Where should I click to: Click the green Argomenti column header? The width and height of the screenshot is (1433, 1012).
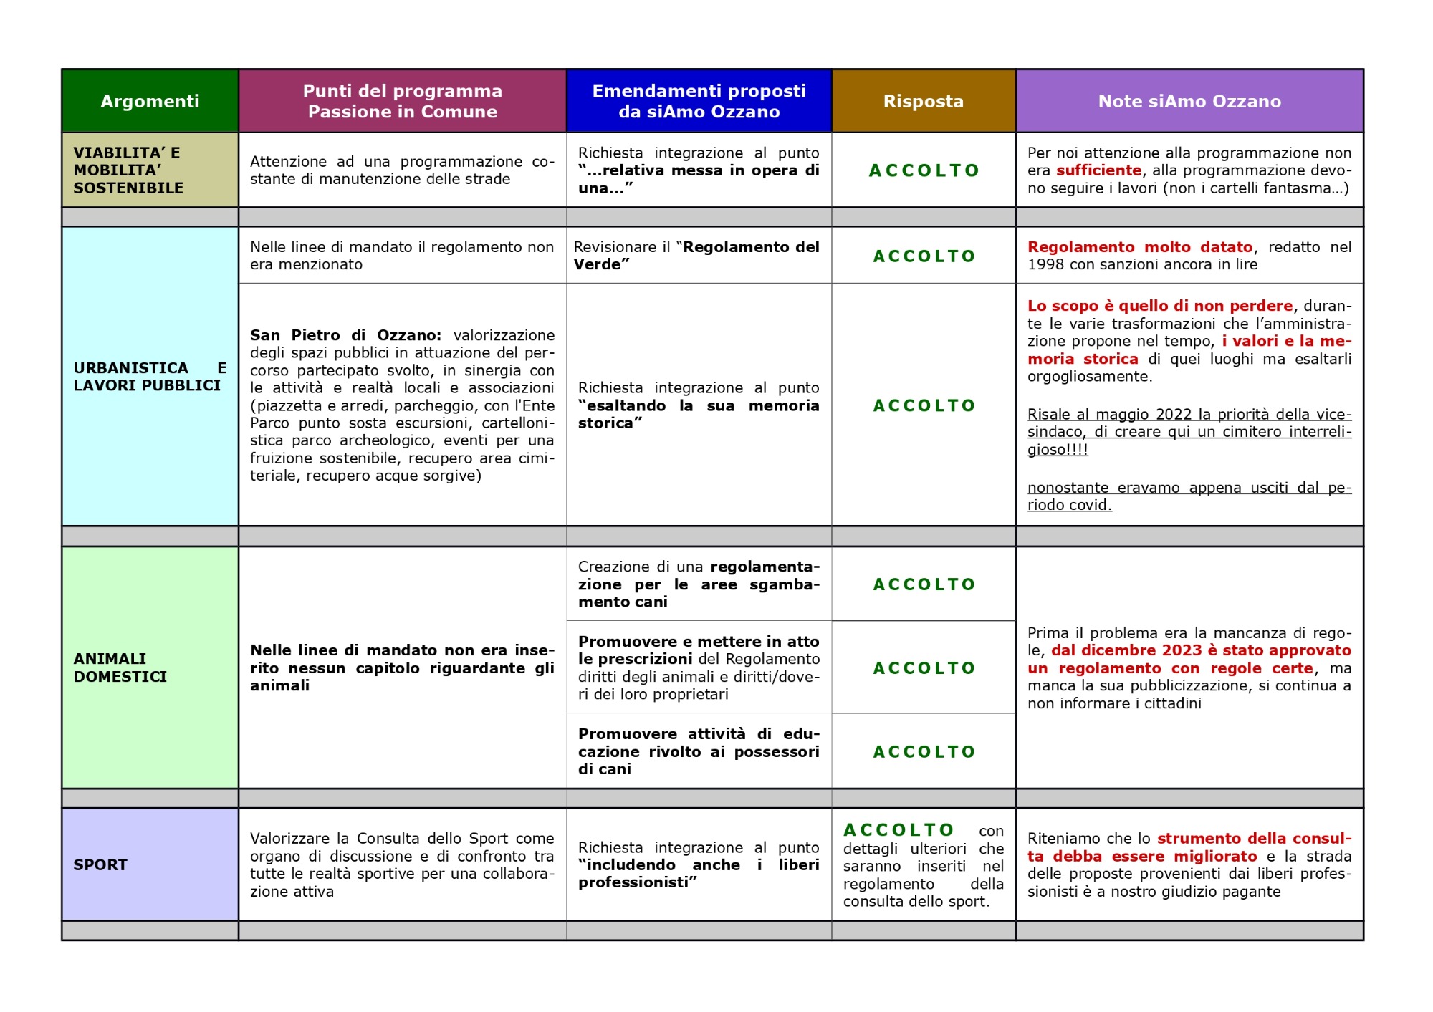click(150, 101)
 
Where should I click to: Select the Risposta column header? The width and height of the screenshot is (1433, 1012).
click(923, 101)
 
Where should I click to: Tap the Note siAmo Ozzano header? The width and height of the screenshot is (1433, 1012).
click(1189, 101)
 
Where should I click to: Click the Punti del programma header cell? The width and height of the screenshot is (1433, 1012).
click(402, 101)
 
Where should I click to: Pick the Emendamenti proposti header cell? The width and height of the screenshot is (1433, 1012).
click(699, 101)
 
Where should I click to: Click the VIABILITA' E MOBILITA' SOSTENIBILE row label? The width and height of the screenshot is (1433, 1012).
click(128, 170)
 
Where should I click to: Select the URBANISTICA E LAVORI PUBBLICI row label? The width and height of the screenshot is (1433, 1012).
click(150, 377)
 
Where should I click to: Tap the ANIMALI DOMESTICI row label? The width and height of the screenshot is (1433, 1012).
click(120, 668)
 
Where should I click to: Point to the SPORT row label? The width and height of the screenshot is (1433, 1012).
click(100, 864)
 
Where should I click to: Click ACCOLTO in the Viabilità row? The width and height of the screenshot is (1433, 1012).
click(924, 170)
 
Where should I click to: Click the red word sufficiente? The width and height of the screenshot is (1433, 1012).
click(1098, 170)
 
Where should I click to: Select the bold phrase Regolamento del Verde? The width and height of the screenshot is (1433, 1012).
click(750, 247)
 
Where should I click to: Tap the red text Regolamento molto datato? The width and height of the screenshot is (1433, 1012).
click(1140, 247)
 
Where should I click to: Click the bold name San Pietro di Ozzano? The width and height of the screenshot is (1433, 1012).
click(345, 335)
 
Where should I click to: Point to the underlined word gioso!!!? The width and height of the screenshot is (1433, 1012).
click(1058, 450)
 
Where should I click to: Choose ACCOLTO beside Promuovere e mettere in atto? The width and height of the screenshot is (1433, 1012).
click(924, 668)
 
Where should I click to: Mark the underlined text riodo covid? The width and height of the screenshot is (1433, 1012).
click(1069, 505)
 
